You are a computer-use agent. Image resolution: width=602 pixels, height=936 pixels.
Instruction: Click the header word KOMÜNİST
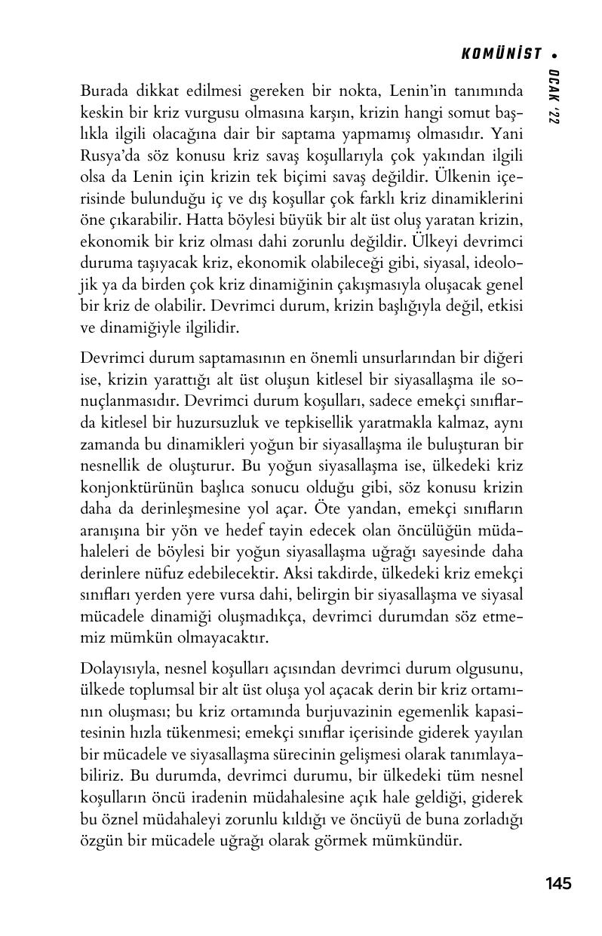pos(502,54)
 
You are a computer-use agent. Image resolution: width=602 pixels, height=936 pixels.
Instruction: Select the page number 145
pos(558,883)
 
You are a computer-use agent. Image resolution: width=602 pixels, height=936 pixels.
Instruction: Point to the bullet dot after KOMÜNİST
pos(554,54)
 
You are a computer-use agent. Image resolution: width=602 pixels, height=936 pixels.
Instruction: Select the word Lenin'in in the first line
pos(418,91)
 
